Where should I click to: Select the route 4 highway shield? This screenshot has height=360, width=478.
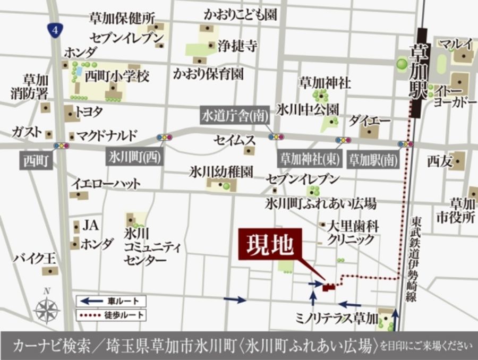(54, 30)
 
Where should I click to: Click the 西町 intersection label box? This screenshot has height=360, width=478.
(36, 160)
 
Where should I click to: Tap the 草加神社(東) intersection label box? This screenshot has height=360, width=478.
(310, 158)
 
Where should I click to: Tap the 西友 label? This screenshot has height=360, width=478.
(439, 160)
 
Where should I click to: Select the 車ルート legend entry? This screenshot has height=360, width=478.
(111, 301)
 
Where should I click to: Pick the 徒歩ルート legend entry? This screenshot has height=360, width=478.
(111, 314)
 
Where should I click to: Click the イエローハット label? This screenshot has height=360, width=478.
(106, 184)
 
